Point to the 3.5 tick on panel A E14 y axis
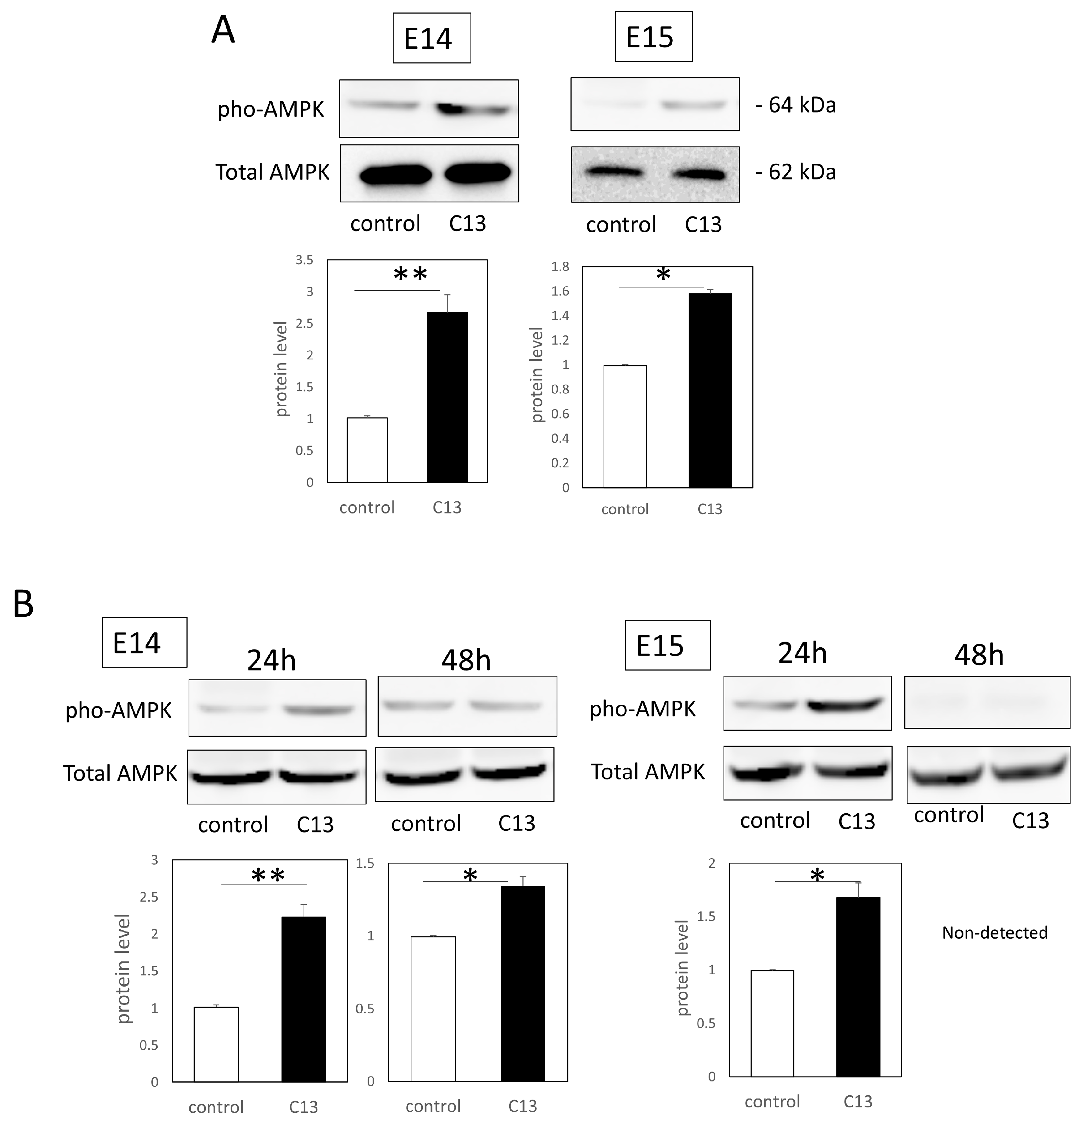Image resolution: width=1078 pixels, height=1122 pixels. coord(304,260)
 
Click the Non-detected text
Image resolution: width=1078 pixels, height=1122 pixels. coord(994,933)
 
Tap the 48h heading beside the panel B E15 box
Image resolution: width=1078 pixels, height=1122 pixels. coord(978,655)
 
